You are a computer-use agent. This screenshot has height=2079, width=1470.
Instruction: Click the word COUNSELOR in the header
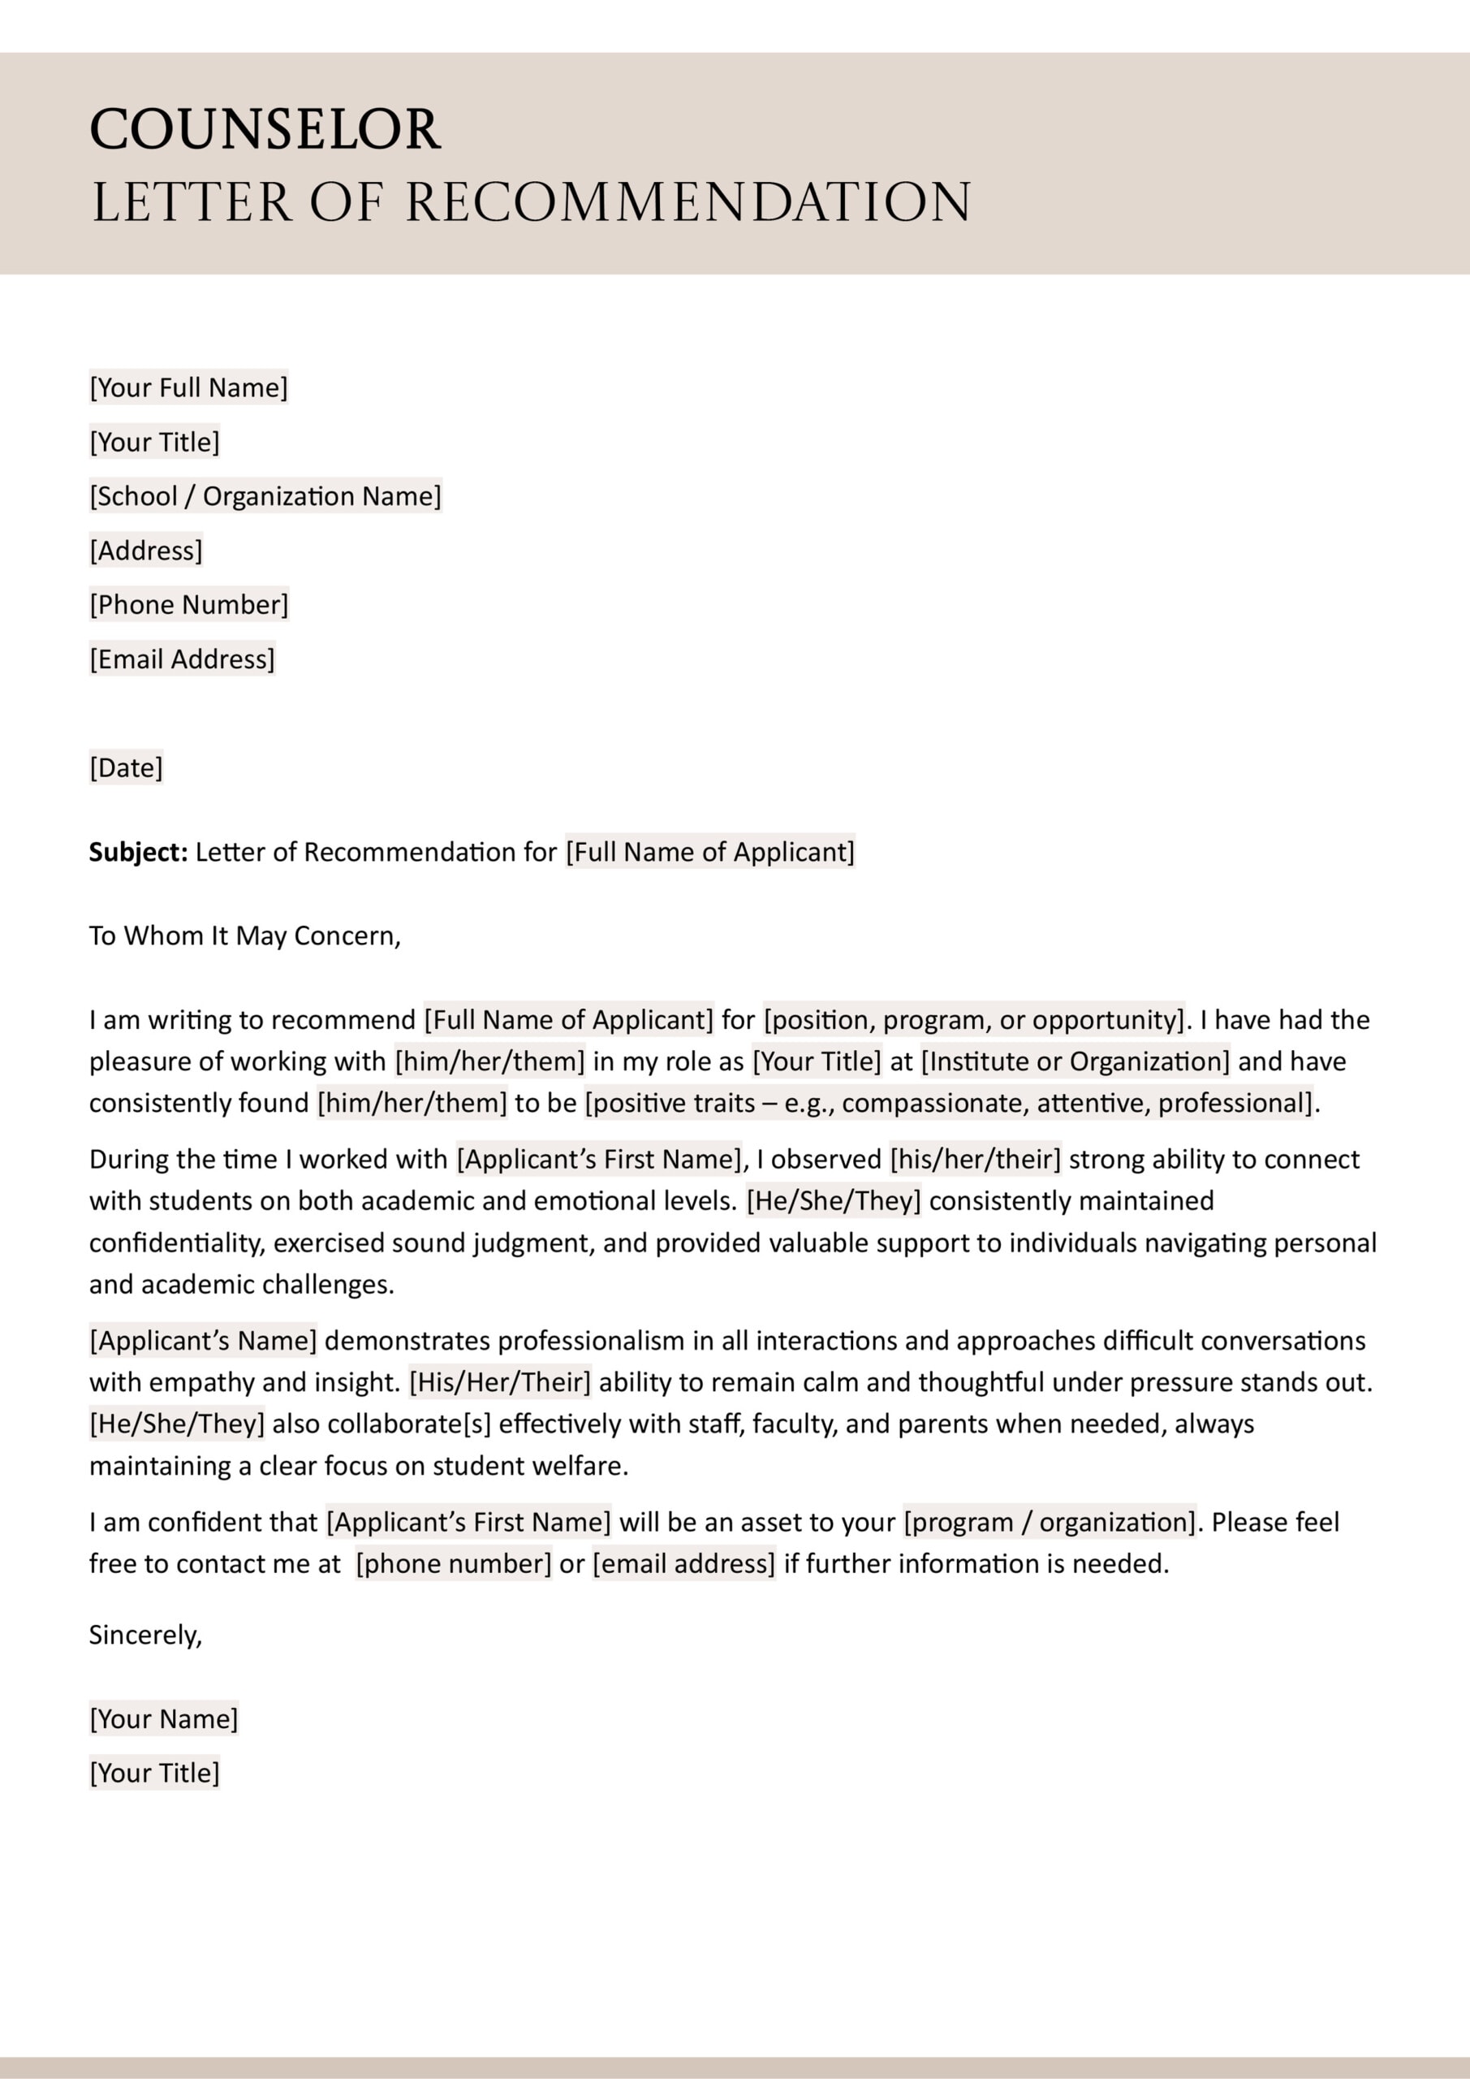click(265, 129)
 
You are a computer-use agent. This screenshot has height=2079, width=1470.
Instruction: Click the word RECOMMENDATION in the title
click(688, 202)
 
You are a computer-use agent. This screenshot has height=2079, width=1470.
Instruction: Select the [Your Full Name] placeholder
click(188, 387)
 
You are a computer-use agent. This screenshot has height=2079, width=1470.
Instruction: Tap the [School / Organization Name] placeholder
click(265, 496)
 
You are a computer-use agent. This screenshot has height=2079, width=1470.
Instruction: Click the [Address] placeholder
click(146, 551)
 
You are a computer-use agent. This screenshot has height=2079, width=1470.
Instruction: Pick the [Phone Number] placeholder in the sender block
click(188, 605)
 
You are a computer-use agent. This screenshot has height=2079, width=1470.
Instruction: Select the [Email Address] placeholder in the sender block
click(182, 659)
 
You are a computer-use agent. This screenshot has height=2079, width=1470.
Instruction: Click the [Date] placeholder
click(126, 768)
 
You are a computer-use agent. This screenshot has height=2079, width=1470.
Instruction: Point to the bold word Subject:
click(138, 852)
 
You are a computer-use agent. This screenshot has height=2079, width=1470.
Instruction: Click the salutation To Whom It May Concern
click(244, 936)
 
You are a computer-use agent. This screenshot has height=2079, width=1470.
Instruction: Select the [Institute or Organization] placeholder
click(1076, 1061)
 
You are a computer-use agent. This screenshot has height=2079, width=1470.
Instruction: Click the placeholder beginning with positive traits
click(949, 1103)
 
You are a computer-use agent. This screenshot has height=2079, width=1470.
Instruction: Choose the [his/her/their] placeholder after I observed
click(975, 1159)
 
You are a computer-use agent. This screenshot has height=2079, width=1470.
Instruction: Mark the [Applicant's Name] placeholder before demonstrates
click(203, 1340)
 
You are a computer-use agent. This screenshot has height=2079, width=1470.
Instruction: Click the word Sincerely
click(144, 1635)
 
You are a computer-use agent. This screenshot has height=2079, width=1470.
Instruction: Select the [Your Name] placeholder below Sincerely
click(164, 1718)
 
